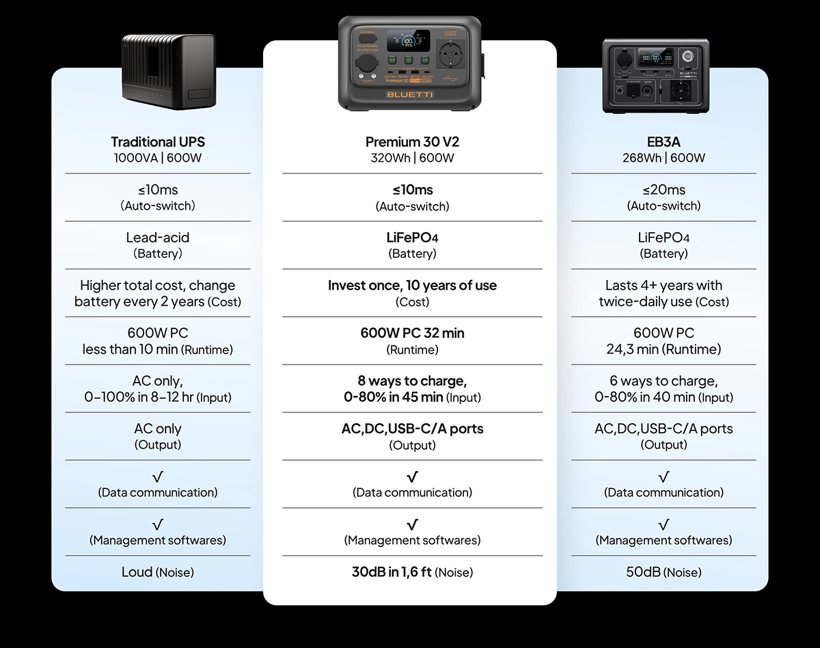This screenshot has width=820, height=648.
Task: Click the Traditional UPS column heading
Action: (158, 142)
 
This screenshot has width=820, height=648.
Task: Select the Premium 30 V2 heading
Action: (412, 142)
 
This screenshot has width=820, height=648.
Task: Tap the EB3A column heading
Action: (664, 142)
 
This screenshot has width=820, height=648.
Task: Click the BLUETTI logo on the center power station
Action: (409, 94)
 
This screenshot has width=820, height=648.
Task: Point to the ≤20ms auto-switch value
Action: (664, 190)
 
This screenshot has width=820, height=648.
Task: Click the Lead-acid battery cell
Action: (158, 245)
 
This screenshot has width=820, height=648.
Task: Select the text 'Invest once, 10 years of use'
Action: (412, 285)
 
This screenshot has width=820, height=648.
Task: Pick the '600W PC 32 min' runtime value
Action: (412, 333)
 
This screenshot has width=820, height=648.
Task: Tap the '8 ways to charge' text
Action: (412, 381)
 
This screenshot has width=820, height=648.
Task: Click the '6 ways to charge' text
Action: (664, 381)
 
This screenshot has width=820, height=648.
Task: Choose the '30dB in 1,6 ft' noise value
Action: (392, 572)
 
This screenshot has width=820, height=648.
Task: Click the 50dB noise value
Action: (643, 572)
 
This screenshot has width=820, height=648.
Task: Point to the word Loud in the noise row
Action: (137, 572)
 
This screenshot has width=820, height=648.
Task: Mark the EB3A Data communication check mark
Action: (664, 477)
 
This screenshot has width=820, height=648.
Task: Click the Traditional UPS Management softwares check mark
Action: (158, 524)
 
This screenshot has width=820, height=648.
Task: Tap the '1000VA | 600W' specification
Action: (158, 158)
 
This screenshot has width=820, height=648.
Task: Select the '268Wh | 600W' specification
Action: (664, 158)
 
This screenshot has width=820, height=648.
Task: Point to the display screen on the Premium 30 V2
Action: (409, 41)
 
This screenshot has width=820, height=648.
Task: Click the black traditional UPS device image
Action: (169, 72)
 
